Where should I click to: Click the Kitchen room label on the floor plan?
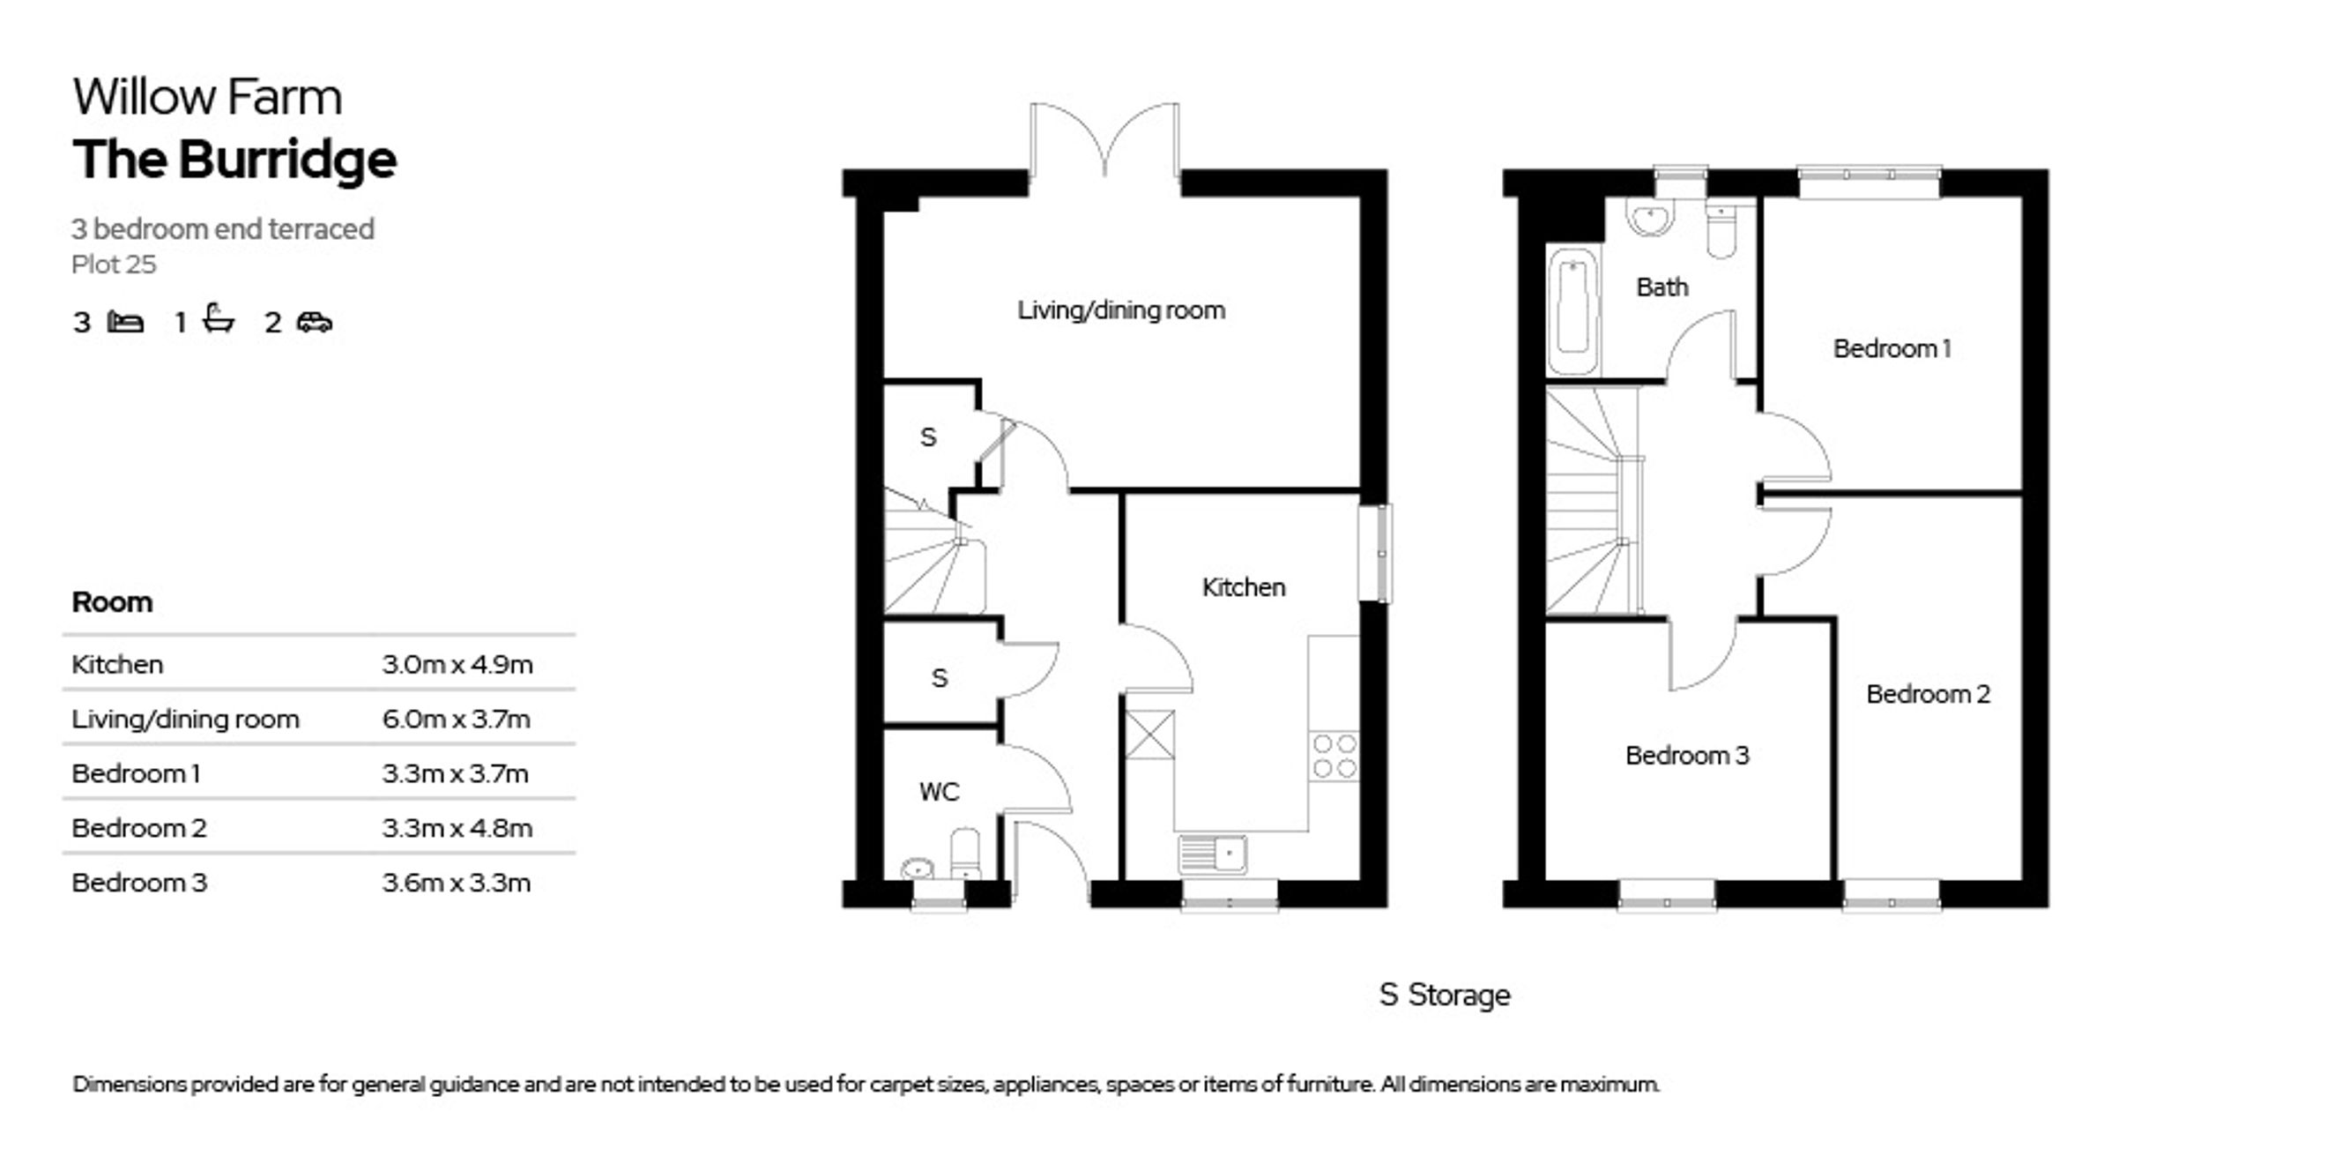(x=1243, y=587)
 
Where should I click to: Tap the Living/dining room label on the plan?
(x=1121, y=310)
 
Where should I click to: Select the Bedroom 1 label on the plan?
(x=1892, y=348)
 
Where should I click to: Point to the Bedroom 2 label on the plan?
(x=1928, y=694)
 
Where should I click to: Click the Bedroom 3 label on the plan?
(x=1686, y=756)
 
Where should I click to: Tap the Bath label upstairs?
(x=1662, y=287)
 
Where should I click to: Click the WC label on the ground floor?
(x=939, y=792)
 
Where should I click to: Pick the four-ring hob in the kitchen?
(x=1334, y=757)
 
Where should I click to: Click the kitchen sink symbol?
(x=1212, y=853)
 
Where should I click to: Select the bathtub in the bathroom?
(x=1572, y=310)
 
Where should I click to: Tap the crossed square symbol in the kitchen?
(x=1149, y=735)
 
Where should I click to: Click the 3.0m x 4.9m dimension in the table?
(x=457, y=664)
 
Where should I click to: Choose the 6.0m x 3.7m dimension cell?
(x=457, y=720)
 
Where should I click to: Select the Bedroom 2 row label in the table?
(x=139, y=828)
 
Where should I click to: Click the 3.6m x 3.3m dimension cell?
(x=457, y=882)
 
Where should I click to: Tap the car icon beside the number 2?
(x=315, y=322)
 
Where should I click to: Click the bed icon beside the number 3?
(x=125, y=322)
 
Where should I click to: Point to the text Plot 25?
(x=114, y=265)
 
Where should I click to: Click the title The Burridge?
(x=234, y=160)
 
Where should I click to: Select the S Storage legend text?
(x=1445, y=995)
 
